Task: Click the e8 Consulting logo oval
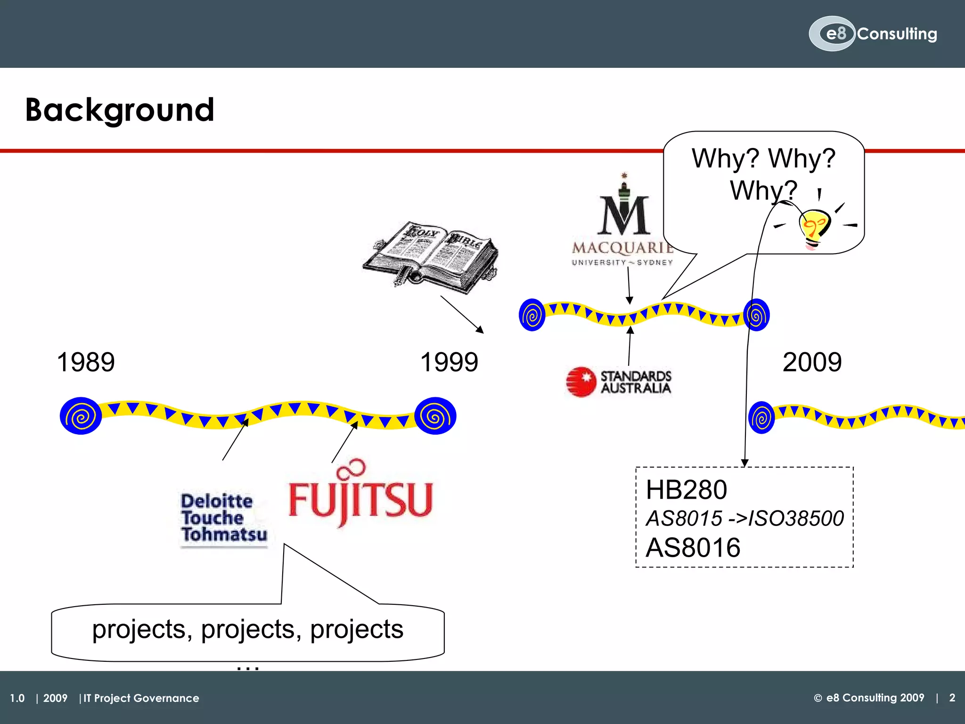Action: tap(832, 33)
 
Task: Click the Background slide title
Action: tap(120, 110)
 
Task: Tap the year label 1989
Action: tap(85, 362)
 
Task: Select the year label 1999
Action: tap(449, 362)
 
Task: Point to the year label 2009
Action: tap(811, 362)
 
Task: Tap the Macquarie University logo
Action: tap(623, 222)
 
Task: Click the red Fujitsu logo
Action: tap(360, 495)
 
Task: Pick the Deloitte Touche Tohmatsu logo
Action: tap(223, 518)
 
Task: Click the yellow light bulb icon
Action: tap(814, 229)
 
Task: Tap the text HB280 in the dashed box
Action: tap(686, 490)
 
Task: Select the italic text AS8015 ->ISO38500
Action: tap(744, 518)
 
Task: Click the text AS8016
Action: tap(693, 548)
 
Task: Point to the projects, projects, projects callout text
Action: tap(248, 629)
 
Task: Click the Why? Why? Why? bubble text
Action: tap(763, 173)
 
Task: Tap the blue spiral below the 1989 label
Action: tap(81, 416)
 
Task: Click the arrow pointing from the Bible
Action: tap(462, 314)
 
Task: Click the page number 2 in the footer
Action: tap(952, 698)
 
